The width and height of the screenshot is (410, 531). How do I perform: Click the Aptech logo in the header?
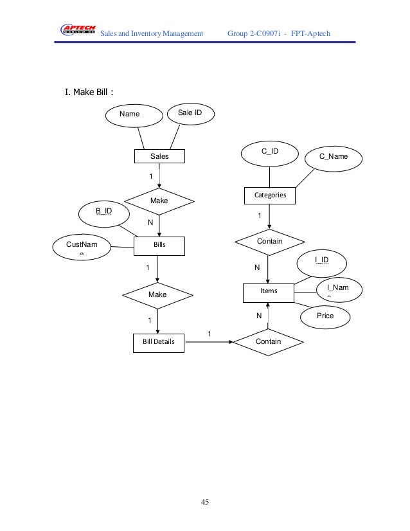coord(78,28)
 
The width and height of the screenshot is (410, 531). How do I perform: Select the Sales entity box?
coord(159,156)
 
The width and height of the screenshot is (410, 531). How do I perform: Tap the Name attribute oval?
coord(134,115)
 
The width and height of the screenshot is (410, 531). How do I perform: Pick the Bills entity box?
coord(159,245)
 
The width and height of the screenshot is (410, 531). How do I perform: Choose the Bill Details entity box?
coord(159,342)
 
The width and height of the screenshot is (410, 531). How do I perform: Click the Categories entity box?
coord(270,194)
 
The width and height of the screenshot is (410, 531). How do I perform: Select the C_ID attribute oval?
coord(269,153)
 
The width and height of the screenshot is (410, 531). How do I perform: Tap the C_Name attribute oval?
coord(334,157)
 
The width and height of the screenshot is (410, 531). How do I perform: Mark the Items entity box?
coord(269,292)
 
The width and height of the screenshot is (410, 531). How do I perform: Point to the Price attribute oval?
coord(325,316)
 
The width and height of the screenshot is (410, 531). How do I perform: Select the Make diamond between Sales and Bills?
coord(159,201)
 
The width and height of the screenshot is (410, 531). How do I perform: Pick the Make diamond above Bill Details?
coord(157,294)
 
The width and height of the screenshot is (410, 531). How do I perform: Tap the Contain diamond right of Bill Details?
coord(268,342)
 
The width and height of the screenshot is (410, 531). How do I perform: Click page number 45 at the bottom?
coord(204,501)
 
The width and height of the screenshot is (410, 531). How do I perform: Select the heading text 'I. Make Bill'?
coord(89,92)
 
